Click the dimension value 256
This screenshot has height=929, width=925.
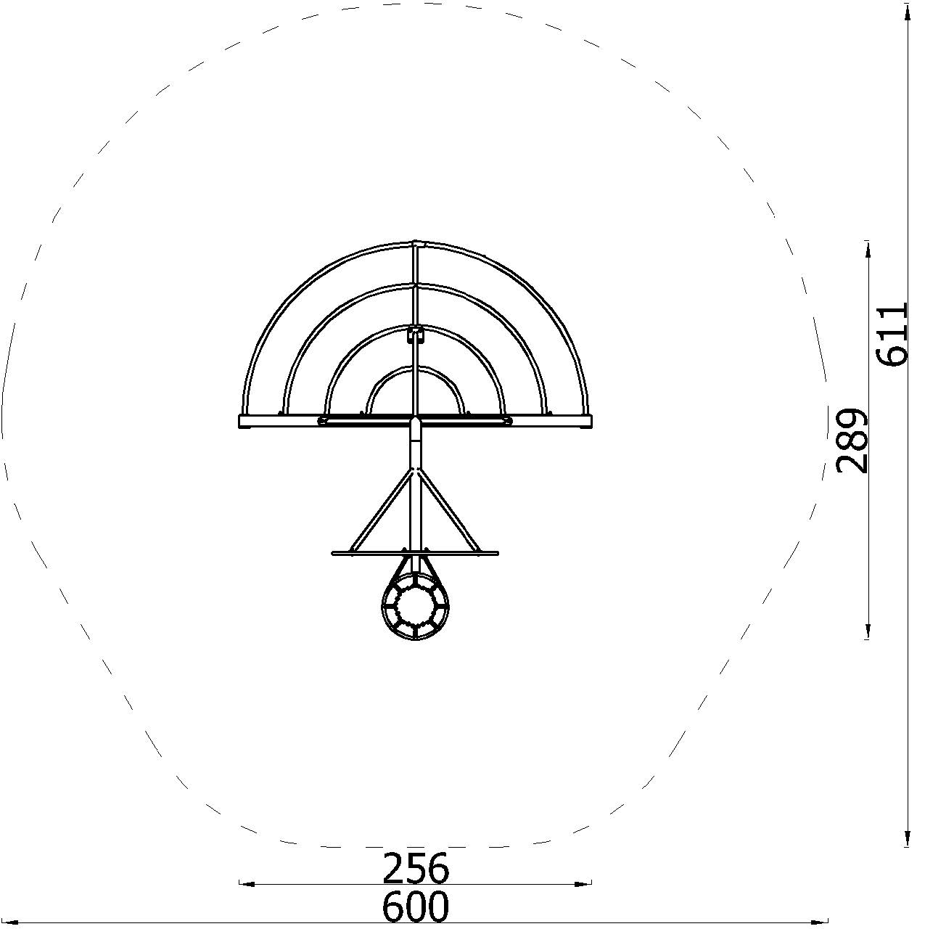click(x=416, y=867)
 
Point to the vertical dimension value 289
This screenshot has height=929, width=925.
click(x=852, y=441)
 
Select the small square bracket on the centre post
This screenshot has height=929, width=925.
click(x=415, y=335)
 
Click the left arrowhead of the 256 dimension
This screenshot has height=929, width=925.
click(x=247, y=884)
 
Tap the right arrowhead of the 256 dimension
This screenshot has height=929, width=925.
click(x=584, y=884)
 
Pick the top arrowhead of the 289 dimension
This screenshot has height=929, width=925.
click(x=868, y=247)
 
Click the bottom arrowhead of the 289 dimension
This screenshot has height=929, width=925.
click(x=868, y=631)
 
